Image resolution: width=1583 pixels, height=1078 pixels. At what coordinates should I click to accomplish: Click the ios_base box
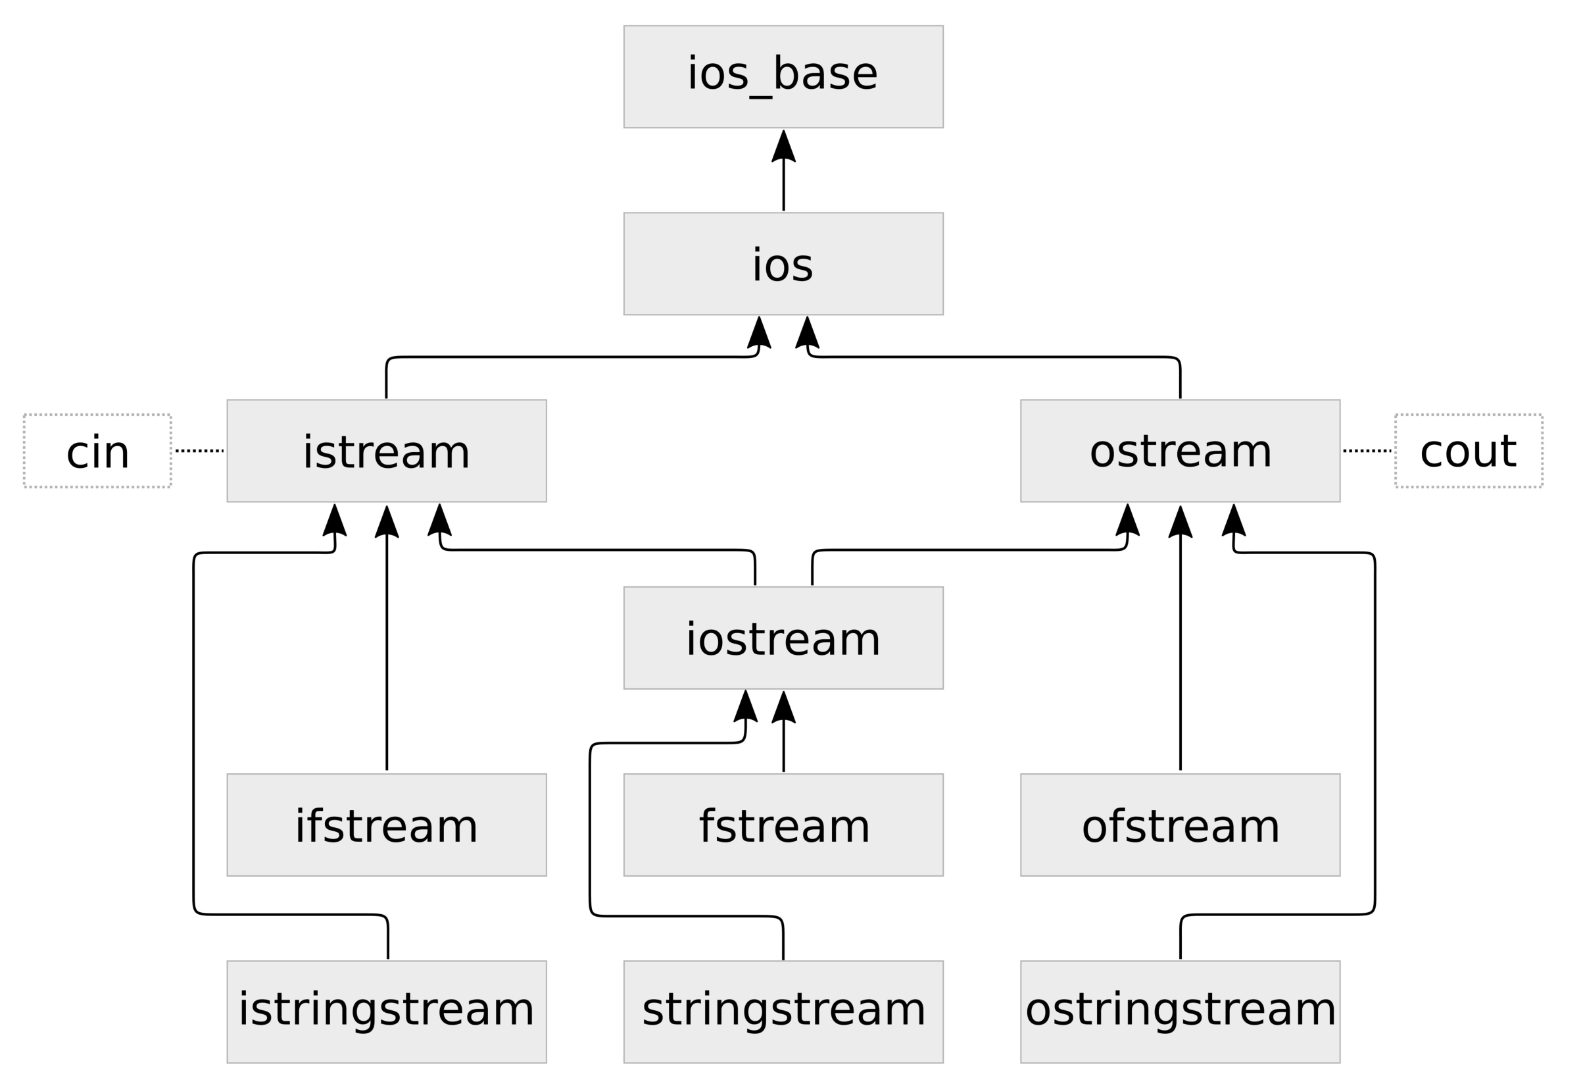point(783,76)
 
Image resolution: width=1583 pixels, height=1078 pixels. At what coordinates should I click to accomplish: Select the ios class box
point(783,264)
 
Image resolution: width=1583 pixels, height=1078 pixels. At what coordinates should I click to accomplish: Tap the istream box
point(386,450)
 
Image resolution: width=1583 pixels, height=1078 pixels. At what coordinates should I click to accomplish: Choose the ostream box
point(1180,450)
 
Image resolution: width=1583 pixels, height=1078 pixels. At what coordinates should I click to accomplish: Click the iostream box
point(783,638)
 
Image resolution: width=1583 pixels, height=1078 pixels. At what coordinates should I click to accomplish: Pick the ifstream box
point(386,825)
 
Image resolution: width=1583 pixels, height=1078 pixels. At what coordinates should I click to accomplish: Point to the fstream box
point(783,825)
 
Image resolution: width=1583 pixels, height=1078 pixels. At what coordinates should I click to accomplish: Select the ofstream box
point(1180,825)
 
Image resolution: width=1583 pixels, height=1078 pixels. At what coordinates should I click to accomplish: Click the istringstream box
point(386,1012)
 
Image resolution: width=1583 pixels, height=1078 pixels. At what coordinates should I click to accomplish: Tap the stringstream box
point(783,1012)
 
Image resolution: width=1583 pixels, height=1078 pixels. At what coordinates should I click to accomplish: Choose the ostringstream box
point(1180,1012)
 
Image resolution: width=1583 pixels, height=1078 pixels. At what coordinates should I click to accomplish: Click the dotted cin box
point(97,450)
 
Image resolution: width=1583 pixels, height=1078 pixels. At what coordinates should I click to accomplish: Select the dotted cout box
point(1469,450)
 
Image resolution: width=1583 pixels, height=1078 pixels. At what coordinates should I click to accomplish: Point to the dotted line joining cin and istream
point(199,450)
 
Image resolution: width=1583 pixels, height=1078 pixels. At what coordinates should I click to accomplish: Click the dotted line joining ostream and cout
point(1367,450)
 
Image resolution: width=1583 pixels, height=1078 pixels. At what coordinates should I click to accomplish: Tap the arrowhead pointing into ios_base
point(783,146)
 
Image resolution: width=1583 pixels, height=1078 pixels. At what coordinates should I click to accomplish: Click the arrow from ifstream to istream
point(387,648)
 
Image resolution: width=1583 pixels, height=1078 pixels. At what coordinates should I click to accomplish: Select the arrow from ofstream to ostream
point(1181,648)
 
